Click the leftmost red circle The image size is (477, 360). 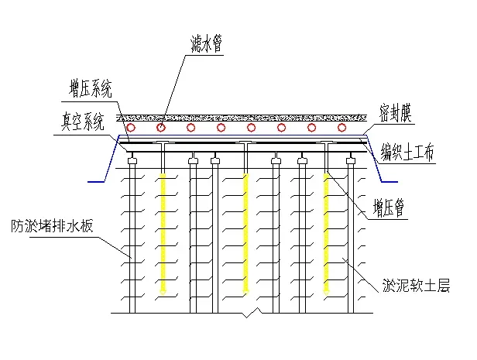tap(131, 127)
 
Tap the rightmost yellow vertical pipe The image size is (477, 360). tap(327, 232)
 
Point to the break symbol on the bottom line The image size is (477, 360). tap(246, 314)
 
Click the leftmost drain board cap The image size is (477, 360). tap(133, 162)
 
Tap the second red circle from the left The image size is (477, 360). tap(161, 127)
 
